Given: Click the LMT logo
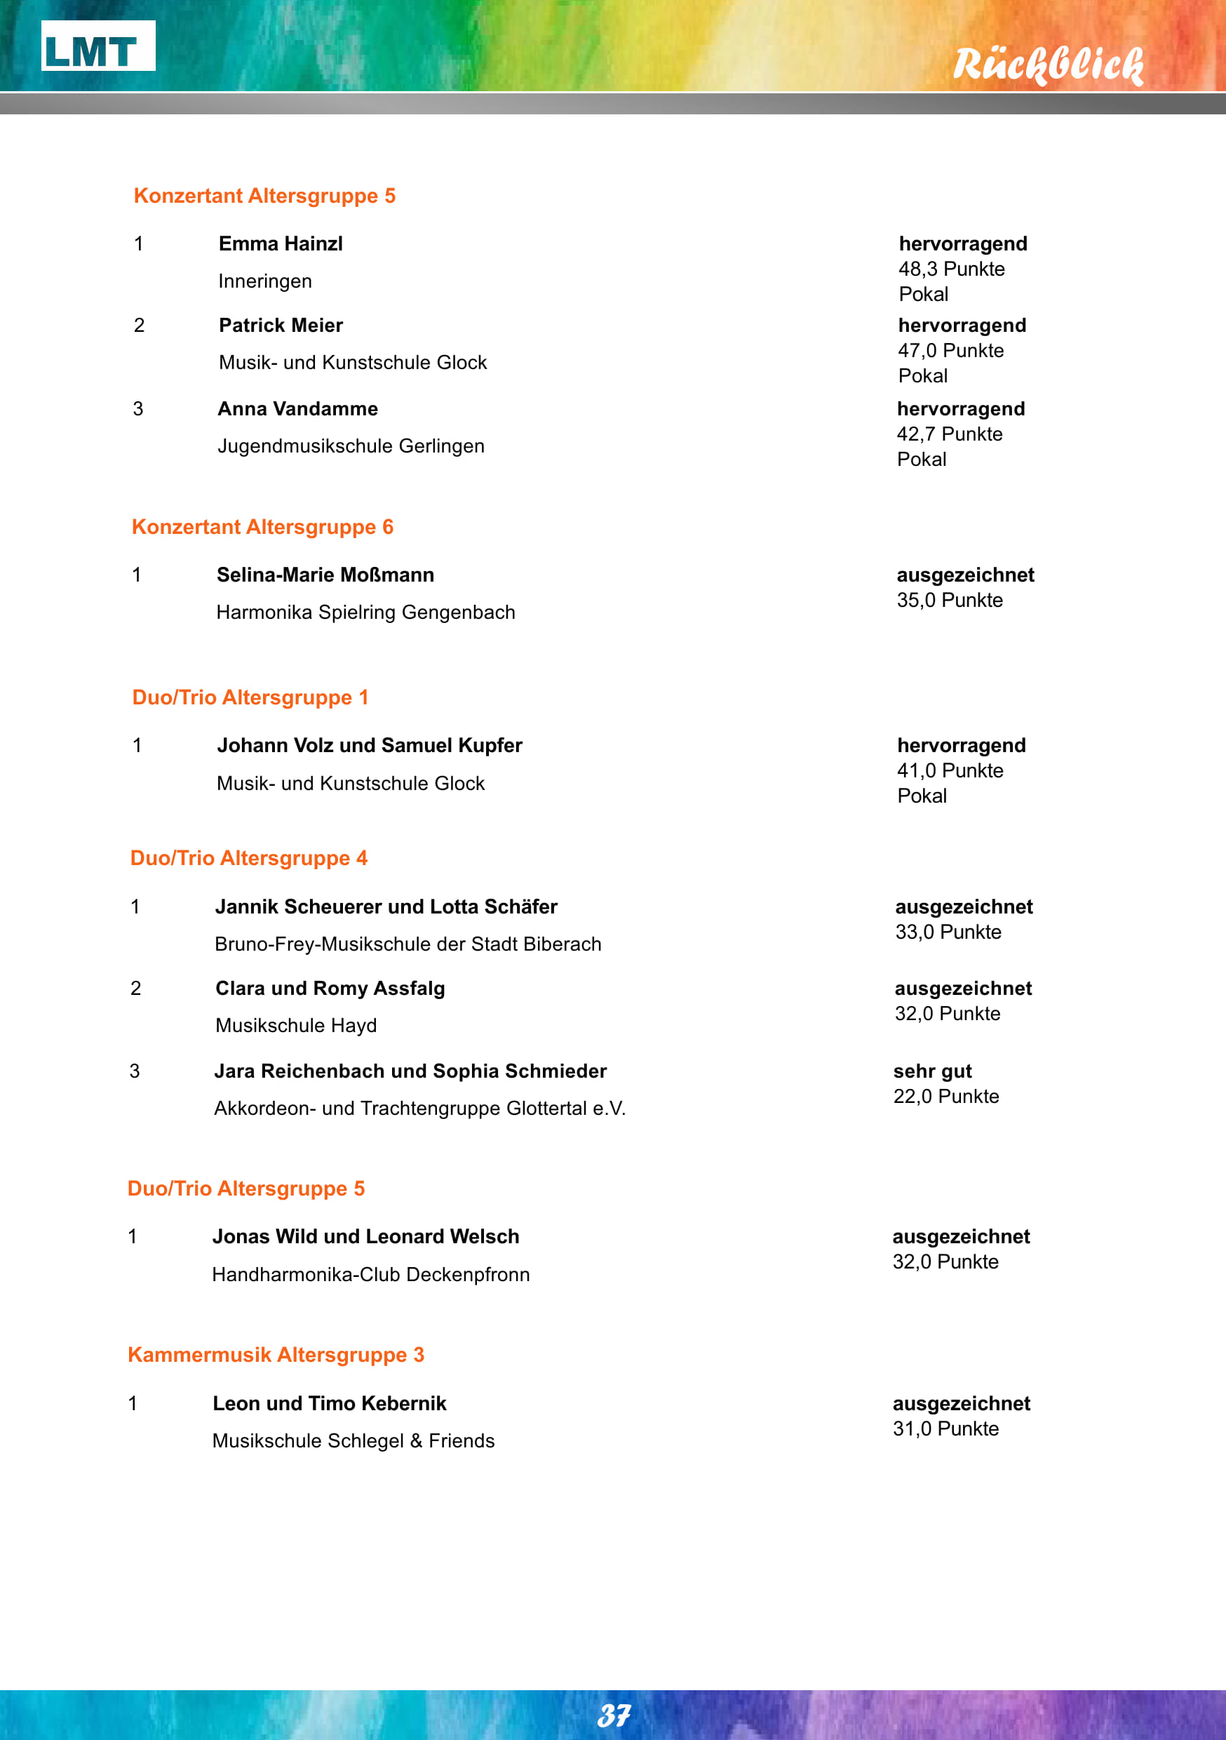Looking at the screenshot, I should pos(97,46).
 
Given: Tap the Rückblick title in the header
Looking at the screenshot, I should pos(1047,65).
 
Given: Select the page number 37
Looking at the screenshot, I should pos(613,1715).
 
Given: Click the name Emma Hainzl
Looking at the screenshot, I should pos(281,244).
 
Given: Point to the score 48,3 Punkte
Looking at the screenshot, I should pos(951,269).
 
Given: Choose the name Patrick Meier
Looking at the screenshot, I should pos(281,325).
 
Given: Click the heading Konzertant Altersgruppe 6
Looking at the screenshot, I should pos(262,527).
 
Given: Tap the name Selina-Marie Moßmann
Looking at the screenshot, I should pos(325,575).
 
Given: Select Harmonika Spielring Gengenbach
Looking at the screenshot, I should pos(365,613).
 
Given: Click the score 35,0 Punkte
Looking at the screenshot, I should pos(950,600).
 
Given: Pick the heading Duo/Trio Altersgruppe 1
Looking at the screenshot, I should pos(250,697).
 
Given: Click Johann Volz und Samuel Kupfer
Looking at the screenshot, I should pos(369,746).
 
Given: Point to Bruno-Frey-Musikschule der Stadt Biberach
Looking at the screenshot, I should pos(407,944).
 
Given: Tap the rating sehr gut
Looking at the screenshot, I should pos(932,1071).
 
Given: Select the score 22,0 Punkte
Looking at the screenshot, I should pos(945,1097).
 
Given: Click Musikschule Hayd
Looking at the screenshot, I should pos(295,1025).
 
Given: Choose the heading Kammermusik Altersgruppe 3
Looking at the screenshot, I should pos(276,1354).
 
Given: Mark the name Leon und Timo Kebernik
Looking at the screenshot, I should pos(329,1403).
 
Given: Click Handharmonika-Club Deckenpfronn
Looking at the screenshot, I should pos(370,1275).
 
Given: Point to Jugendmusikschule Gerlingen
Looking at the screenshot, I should pos(351,446).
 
